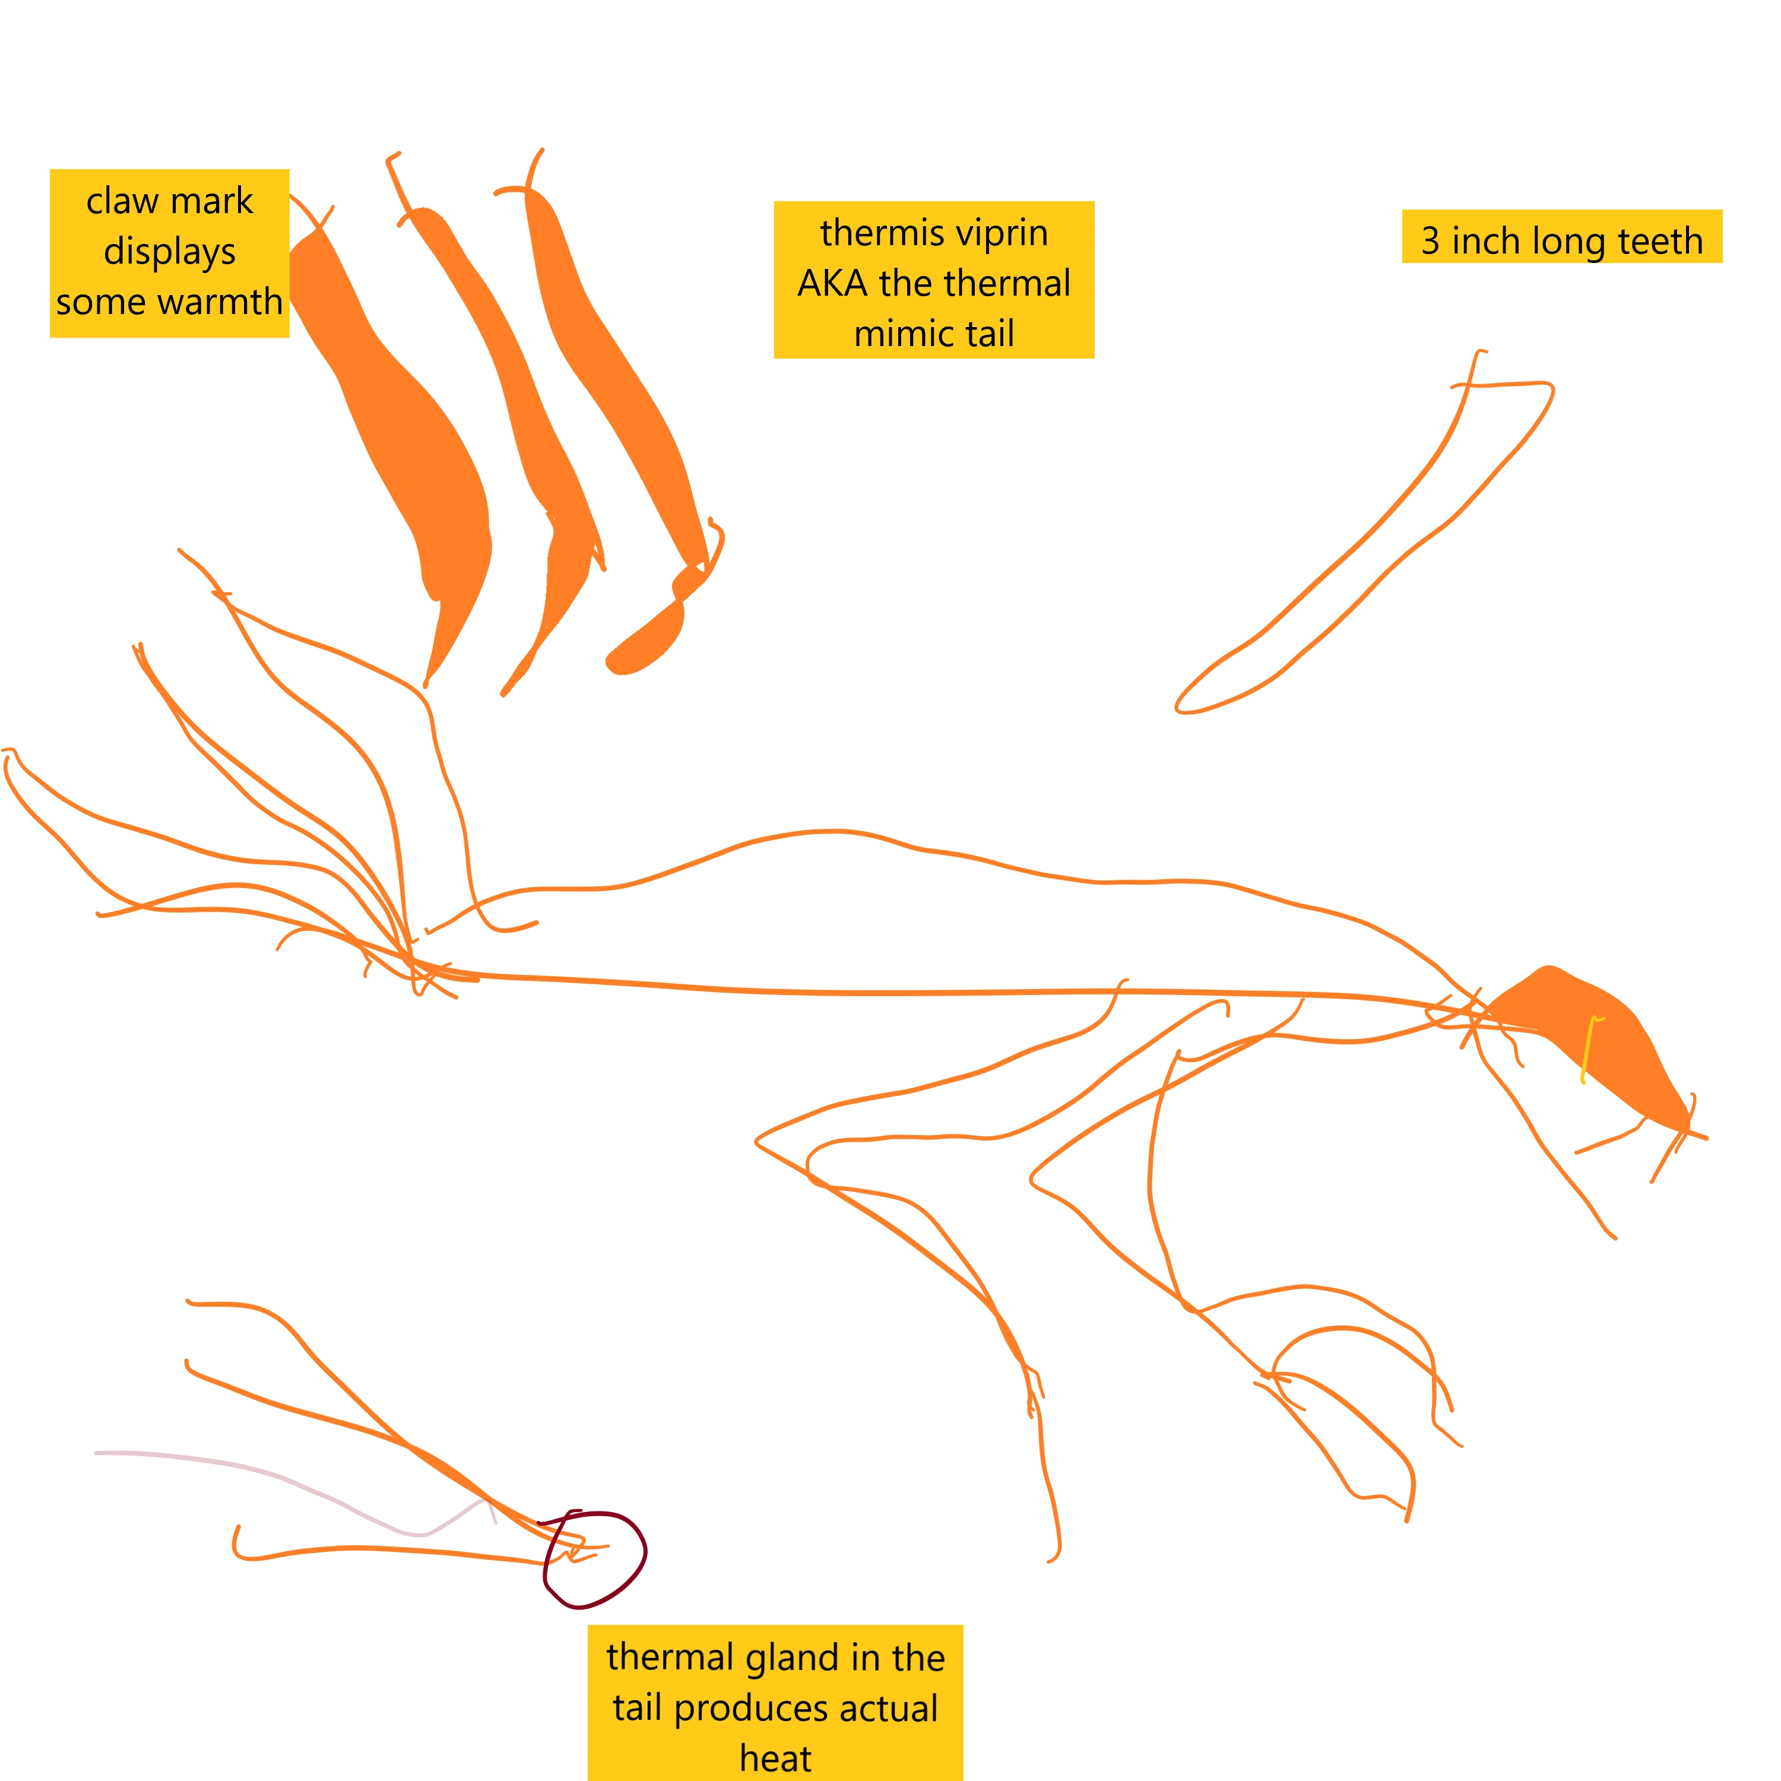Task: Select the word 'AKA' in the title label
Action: [x=834, y=283]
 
